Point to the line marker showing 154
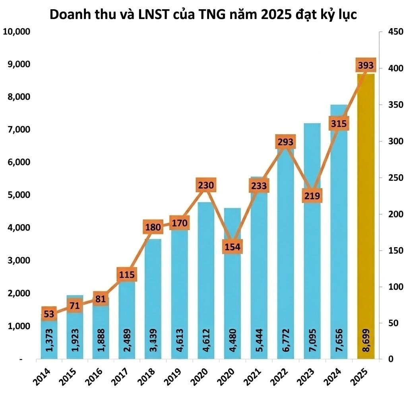point(232,247)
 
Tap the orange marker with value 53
point(49,314)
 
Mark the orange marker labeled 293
point(285,142)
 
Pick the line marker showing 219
point(312,196)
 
